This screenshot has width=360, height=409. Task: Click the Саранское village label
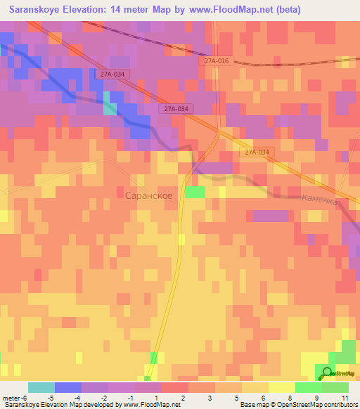[x=148, y=195]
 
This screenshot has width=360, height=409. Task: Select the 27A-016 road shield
[x=217, y=61]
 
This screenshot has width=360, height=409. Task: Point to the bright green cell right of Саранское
[x=195, y=192]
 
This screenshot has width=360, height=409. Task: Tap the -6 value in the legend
[x=23, y=397]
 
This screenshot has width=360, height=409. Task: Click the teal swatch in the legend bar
[x=41, y=387]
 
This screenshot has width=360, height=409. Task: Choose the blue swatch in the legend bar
[x=68, y=387]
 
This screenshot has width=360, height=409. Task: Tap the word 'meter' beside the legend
[x=10, y=397]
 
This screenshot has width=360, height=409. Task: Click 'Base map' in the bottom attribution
[x=252, y=405]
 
